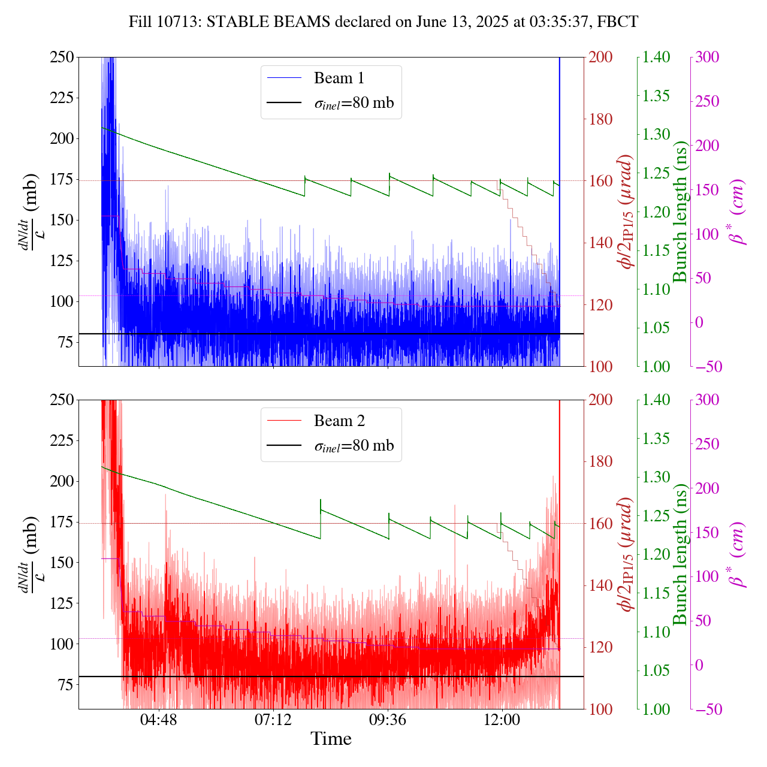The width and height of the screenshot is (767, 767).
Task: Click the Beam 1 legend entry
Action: [x=339, y=78]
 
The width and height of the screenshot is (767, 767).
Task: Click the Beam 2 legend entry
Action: [x=339, y=421]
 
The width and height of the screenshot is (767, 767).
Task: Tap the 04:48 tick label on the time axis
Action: [x=159, y=719]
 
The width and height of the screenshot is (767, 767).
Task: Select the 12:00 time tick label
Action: [x=502, y=719]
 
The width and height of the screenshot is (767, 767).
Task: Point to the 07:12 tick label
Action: [x=273, y=719]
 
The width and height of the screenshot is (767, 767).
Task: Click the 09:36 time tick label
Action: [x=388, y=719]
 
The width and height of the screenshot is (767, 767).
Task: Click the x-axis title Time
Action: [x=331, y=739]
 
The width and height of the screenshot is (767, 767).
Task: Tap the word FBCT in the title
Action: [x=619, y=22]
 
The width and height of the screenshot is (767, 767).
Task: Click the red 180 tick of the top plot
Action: [x=601, y=119]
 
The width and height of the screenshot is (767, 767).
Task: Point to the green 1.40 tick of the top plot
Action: [x=657, y=58]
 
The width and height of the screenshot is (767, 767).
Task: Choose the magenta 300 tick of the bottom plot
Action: [x=708, y=400]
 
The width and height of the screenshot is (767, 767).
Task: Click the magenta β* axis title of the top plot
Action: [x=738, y=212]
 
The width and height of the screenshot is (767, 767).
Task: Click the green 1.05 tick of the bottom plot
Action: [x=657, y=671]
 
